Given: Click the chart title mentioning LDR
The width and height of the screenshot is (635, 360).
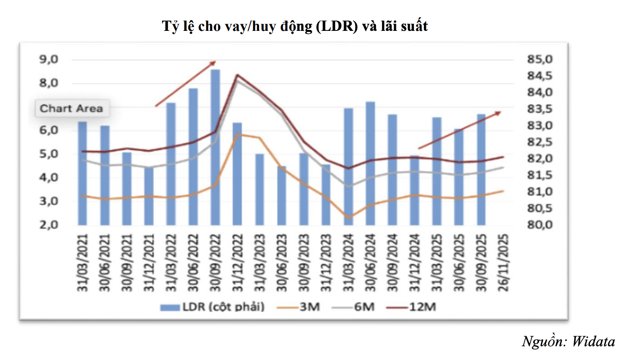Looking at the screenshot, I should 295,26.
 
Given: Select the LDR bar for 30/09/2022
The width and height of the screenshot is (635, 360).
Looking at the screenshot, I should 215,147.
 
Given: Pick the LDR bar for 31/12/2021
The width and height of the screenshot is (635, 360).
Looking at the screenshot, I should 149,196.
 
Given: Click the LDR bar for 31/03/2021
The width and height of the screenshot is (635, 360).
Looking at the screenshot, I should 82,173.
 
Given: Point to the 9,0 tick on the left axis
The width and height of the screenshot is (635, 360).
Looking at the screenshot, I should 49,60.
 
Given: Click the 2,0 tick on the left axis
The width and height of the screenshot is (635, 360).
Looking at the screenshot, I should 49,225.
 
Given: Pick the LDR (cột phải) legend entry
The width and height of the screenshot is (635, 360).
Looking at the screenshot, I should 212,307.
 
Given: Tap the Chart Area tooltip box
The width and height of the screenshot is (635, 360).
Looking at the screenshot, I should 71,109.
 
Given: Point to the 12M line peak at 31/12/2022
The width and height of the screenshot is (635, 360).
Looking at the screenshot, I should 237,75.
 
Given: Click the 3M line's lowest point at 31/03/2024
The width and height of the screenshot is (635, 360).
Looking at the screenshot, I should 348,218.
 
